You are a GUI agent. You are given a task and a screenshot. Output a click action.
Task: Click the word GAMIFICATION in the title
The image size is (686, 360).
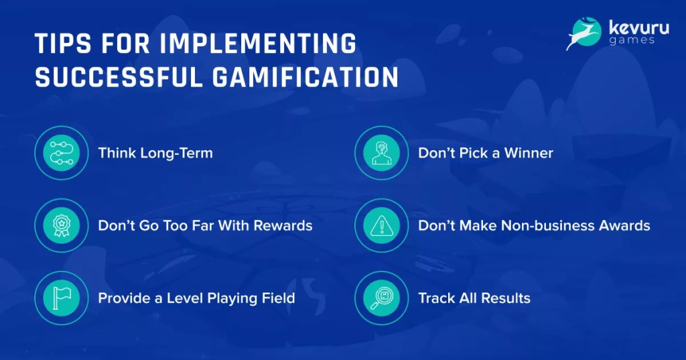[305, 77]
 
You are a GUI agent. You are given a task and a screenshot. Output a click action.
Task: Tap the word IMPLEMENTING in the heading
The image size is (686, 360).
[258, 43]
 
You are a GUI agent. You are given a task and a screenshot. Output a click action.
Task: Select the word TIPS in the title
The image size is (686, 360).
[63, 43]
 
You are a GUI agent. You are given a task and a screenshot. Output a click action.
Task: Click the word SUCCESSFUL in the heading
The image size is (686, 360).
[119, 77]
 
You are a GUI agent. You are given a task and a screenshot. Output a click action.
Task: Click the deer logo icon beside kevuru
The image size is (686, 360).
[584, 34]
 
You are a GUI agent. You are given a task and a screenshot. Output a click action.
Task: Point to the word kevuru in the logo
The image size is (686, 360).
[638, 28]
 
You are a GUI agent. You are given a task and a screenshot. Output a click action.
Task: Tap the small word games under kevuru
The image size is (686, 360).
[631, 41]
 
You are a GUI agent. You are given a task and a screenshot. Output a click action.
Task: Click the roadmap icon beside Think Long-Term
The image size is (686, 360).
[62, 153]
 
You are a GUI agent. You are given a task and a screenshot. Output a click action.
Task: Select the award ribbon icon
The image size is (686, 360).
[62, 225]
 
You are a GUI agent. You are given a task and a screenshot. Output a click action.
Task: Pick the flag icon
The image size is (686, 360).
[62, 298]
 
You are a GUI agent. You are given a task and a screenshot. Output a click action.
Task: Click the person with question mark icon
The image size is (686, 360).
[381, 153]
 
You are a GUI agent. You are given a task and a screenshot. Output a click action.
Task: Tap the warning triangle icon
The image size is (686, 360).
[381, 225]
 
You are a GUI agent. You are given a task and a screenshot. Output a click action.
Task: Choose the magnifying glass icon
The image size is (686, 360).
[381, 298]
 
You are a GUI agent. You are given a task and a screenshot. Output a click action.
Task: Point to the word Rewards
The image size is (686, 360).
[283, 225]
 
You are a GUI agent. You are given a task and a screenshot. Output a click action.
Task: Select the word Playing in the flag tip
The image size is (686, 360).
[232, 299]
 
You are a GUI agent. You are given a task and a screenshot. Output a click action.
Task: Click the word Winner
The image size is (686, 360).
[529, 153]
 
